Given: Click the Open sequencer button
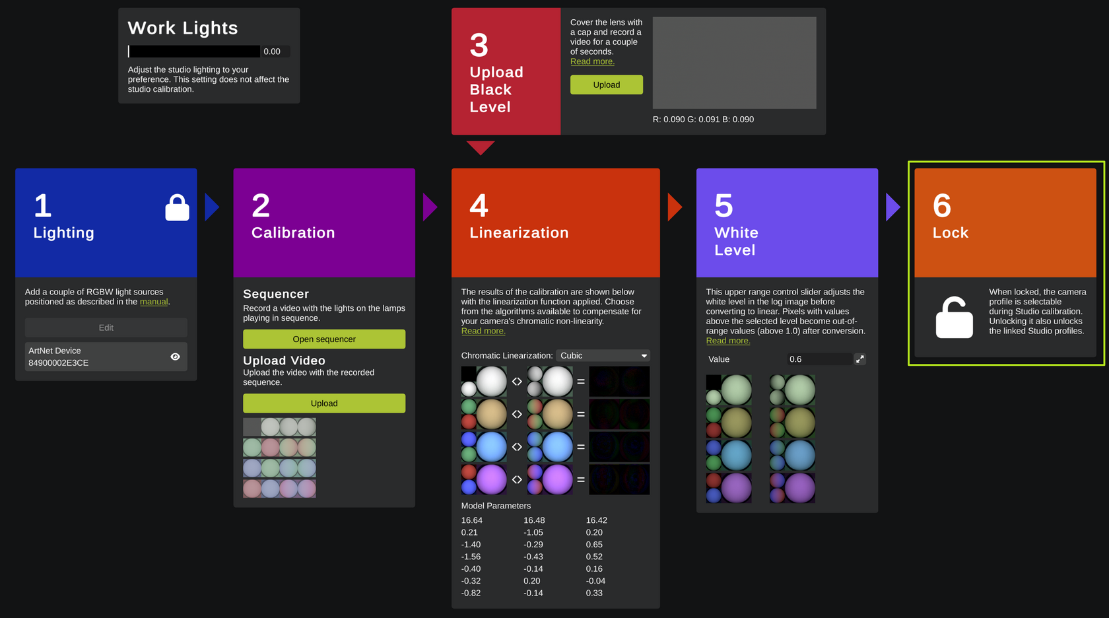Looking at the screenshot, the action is point(323,339).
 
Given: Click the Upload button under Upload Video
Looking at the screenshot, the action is point(323,403).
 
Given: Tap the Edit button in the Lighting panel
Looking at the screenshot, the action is point(106,327).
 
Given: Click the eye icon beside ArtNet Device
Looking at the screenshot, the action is point(176,357).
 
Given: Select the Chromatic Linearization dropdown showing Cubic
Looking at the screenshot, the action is point(603,355).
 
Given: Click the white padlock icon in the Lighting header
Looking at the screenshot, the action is point(177,207).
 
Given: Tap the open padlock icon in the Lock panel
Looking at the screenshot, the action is point(954,318).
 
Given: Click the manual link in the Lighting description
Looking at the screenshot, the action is point(153,302).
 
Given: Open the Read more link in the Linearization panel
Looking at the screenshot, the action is point(483,331).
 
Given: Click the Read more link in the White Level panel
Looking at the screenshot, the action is point(727,341).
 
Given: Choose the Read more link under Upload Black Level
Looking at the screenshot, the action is point(592,61).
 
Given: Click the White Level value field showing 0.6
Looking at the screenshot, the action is point(820,359).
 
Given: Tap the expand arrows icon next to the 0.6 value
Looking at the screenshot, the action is point(860,359).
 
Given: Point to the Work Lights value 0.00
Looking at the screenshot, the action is point(272,51).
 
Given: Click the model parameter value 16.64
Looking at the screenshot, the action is point(471,520).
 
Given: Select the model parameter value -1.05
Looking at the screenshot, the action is point(533,532).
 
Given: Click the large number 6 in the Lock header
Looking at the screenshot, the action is point(941,205).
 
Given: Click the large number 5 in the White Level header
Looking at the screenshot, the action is point(723,205).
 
